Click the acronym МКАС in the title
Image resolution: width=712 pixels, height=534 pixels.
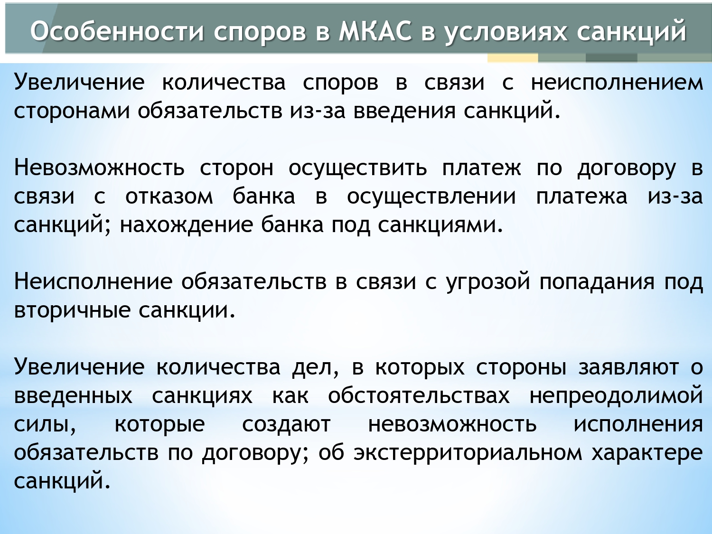point(375,31)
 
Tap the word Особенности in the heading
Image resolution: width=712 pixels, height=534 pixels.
point(117,31)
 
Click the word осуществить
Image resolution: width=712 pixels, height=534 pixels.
point(358,169)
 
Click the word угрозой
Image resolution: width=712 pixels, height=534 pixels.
point(488,282)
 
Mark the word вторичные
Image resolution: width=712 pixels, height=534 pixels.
point(72,310)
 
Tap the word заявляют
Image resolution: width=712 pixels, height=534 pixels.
point(628,368)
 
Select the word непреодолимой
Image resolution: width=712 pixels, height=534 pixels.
point(616,395)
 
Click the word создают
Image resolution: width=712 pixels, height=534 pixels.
point(287,424)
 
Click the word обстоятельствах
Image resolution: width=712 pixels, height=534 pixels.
point(419,395)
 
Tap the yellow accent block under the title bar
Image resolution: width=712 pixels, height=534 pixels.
point(513,58)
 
